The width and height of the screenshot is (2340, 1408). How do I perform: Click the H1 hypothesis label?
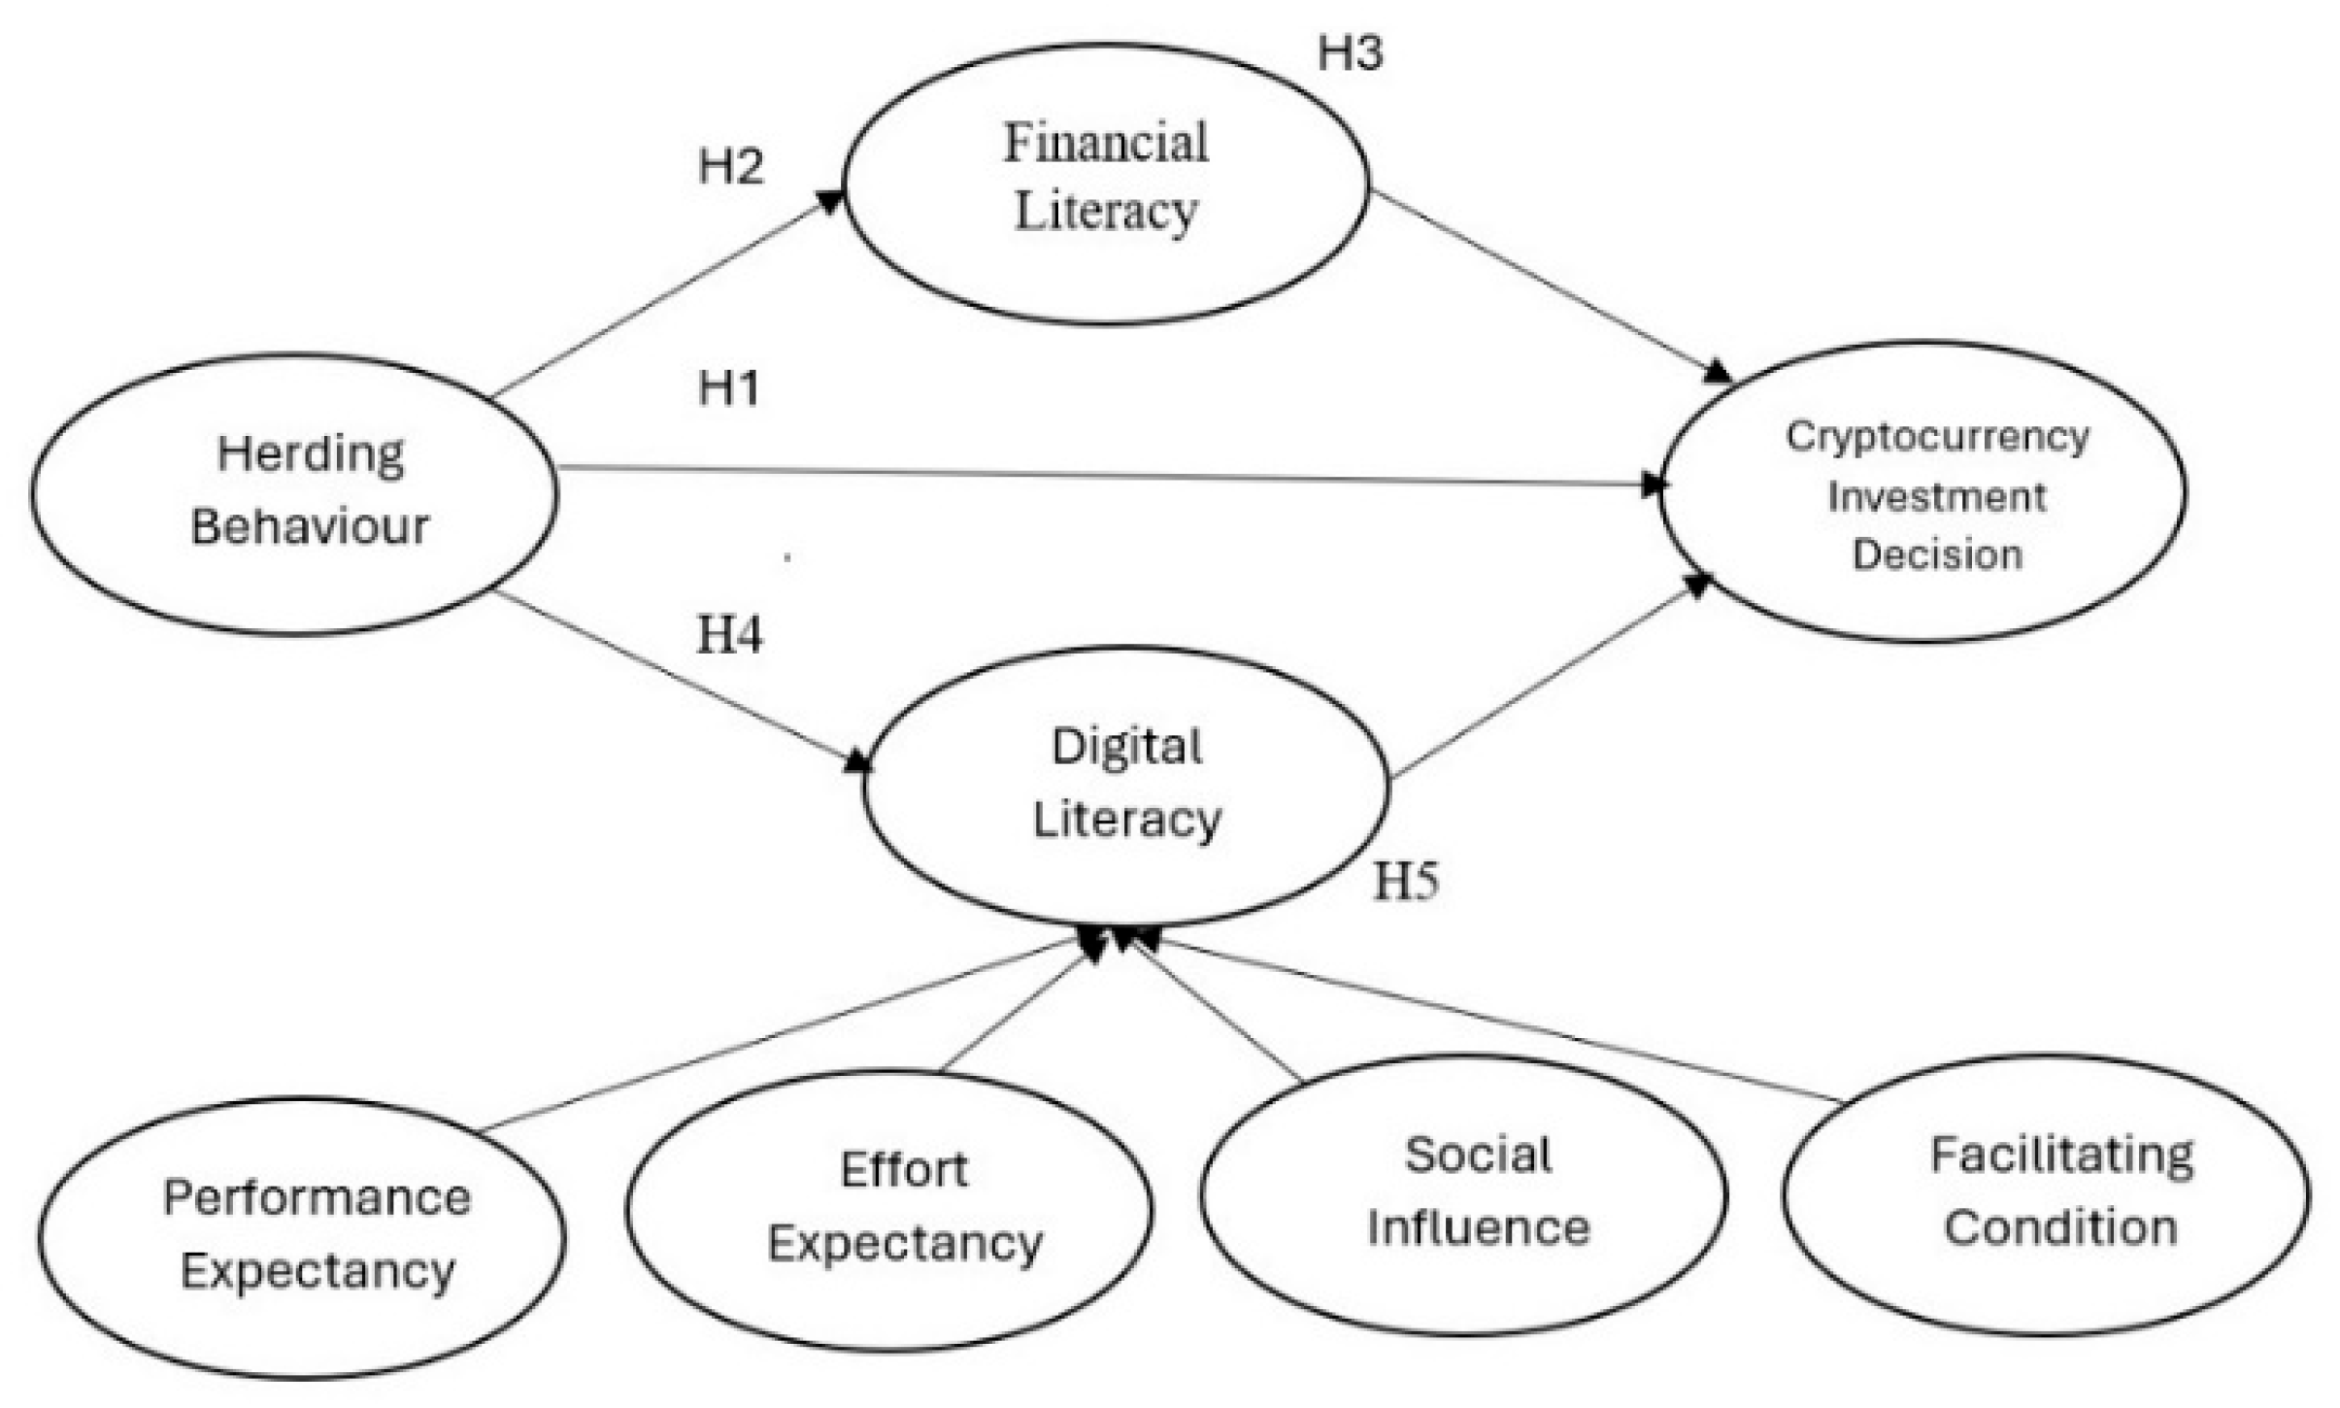pyautogui.click(x=728, y=388)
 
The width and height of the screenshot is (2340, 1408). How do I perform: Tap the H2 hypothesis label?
pyautogui.click(x=730, y=167)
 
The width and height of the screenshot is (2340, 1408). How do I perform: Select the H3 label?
pyautogui.click(x=1350, y=53)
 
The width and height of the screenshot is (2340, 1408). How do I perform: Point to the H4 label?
pyautogui.click(x=729, y=635)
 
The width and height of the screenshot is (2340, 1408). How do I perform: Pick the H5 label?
pyautogui.click(x=1405, y=882)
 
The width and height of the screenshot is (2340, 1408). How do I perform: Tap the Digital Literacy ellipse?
pyautogui.click(x=1126, y=785)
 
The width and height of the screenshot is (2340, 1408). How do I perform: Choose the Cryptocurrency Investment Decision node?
pyautogui.click(x=1922, y=491)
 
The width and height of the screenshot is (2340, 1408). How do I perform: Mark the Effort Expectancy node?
pyautogui.click(x=889, y=1209)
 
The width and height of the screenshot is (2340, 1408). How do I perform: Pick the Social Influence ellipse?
pyautogui.click(x=1463, y=1193)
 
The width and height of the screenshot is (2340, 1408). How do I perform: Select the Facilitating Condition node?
pyautogui.click(x=2045, y=1193)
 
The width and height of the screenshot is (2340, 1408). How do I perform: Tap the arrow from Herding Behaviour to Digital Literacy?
pyautogui.click(x=680, y=680)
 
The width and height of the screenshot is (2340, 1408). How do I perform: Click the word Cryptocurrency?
pyautogui.click(x=1937, y=437)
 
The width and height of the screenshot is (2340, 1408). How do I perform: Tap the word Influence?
pyautogui.click(x=1478, y=1228)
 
